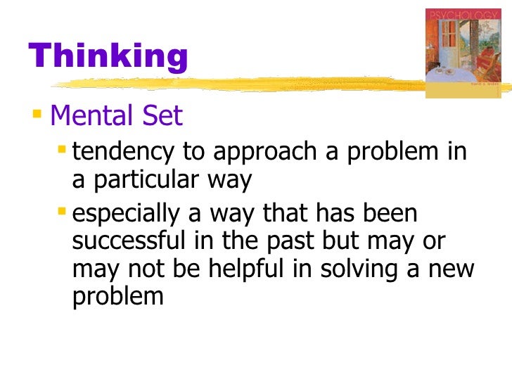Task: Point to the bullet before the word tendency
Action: (x=63, y=150)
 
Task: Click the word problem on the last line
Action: (x=117, y=297)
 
